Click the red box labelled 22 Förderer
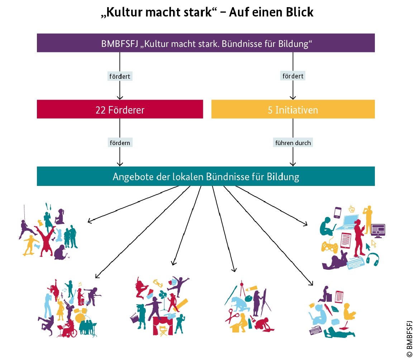click(x=120, y=109)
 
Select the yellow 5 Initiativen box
click(x=293, y=109)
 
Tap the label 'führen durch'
click(x=293, y=143)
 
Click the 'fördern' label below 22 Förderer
click(x=120, y=143)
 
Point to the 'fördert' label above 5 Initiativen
click(x=293, y=76)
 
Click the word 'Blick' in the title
click(x=300, y=12)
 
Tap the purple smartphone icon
click(x=337, y=212)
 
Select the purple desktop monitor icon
click(x=378, y=230)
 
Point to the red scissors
click(x=232, y=317)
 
